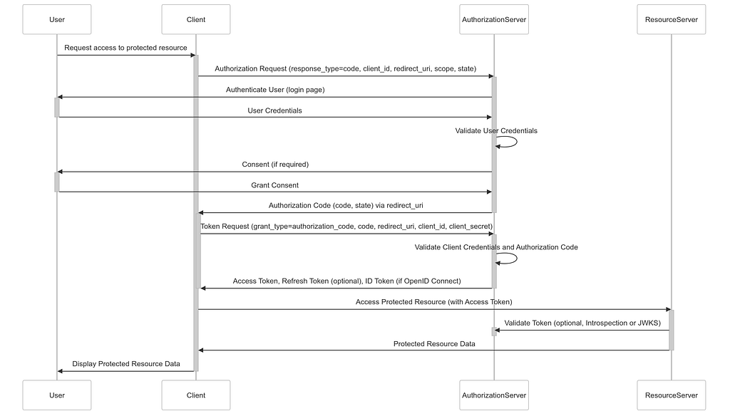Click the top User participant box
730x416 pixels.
(57, 19)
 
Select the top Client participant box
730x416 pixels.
(196, 19)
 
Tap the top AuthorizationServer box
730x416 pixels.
(494, 19)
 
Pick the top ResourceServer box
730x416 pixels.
(672, 19)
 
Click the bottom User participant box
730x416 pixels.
(57, 395)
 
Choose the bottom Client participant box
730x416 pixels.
(196, 395)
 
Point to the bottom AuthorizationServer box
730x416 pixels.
(494, 395)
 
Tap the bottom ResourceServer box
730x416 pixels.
(672, 395)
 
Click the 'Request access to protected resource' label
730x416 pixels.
(125, 48)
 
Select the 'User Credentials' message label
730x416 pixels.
(274, 110)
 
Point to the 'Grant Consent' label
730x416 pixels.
(274, 185)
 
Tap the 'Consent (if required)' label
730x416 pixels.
(275, 165)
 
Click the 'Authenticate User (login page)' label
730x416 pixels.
(275, 90)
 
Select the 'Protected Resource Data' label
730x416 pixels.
(434, 344)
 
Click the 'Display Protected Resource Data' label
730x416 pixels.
(126, 364)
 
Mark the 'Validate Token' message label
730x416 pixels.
(582, 323)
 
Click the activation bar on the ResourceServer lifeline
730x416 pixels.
(672, 330)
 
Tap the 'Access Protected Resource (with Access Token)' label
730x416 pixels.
(434, 302)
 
